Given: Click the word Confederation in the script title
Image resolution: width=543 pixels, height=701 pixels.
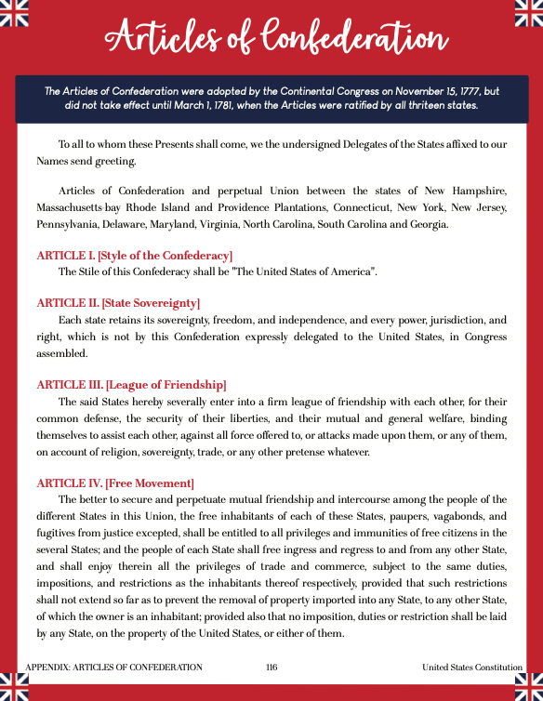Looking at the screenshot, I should pyautogui.click(x=343, y=38).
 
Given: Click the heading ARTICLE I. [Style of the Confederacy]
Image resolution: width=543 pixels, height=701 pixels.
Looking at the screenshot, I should pyautogui.click(x=134, y=255).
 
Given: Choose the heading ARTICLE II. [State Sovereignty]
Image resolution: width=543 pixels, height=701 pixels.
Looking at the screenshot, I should pyautogui.click(x=118, y=303).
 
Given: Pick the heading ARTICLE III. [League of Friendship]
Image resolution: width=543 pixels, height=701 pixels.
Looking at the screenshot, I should pyautogui.click(x=131, y=384).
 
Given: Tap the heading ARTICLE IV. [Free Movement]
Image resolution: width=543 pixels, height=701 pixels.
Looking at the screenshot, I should pyautogui.click(x=115, y=483).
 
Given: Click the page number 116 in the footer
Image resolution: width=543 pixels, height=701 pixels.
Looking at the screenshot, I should pyautogui.click(x=271, y=668).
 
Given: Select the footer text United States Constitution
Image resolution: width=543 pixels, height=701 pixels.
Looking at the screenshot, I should pyautogui.click(x=472, y=668).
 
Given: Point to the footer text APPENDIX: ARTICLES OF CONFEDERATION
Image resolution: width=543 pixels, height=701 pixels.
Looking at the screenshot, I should pyautogui.click(x=114, y=668).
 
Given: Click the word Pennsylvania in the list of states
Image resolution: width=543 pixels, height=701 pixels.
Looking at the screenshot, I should pyautogui.click(x=68, y=224).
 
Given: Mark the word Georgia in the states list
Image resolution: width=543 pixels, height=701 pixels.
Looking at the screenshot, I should pyautogui.click(x=428, y=224).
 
